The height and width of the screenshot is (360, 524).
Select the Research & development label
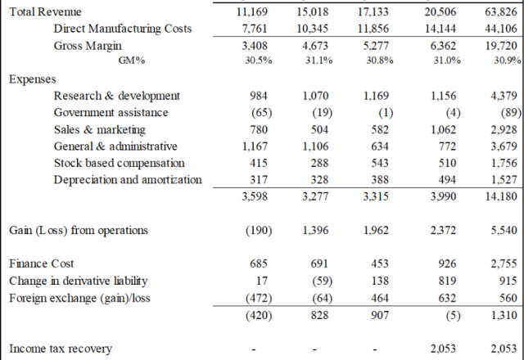116,97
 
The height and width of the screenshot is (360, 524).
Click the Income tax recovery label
60,349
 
